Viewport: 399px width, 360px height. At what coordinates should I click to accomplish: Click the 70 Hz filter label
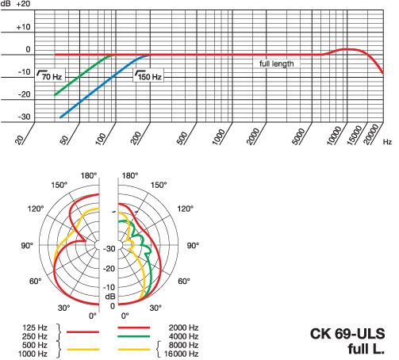[x=49, y=75]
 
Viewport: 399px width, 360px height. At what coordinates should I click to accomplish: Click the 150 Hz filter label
[x=148, y=75]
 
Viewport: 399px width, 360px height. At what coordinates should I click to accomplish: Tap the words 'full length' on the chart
[x=277, y=64]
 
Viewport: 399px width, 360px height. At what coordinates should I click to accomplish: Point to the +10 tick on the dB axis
[x=24, y=27]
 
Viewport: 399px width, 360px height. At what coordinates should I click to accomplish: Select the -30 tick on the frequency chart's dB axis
[x=25, y=117]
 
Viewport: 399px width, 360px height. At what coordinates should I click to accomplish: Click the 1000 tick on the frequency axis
[x=218, y=136]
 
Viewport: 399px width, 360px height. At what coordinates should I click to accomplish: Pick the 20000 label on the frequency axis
[x=371, y=135]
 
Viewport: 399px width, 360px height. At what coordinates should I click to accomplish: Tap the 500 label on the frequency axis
[x=182, y=138]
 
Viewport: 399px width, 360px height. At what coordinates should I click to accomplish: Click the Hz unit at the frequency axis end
[x=387, y=142]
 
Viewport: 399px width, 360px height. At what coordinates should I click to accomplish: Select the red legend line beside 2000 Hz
[x=134, y=327]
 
